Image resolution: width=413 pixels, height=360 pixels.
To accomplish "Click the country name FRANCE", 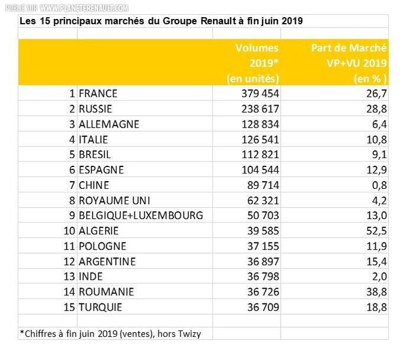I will click(x=98, y=93).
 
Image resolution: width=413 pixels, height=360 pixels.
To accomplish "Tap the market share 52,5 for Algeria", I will click(x=376, y=231).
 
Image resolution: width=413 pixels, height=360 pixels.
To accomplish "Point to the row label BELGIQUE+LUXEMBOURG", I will click(x=140, y=215).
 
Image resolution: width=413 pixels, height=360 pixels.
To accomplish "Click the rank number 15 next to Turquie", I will click(x=69, y=307).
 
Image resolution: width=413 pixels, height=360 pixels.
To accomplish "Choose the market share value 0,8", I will click(x=379, y=185).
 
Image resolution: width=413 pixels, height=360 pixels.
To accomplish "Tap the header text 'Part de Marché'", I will click(x=349, y=48).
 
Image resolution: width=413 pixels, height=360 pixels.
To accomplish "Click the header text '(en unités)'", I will click(x=253, y=78).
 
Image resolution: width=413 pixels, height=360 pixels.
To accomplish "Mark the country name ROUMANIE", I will click(x=106, y=292).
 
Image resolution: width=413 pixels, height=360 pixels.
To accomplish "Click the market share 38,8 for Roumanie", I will click(x=376, y=292).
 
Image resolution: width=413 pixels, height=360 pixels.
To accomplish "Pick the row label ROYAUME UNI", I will click(x=112, y=200).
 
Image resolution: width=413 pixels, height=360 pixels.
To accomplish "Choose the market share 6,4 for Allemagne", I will click(x=379, y=124).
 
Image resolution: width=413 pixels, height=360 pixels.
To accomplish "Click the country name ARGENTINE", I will click(x=107, y=261).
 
